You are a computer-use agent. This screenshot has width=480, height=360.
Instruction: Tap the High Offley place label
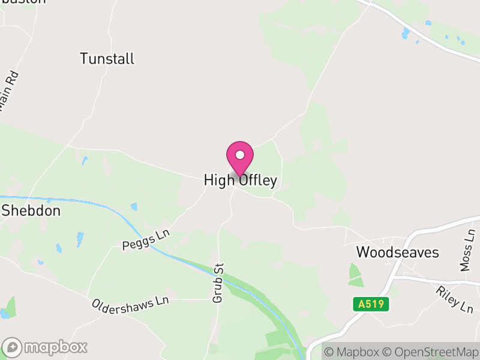click(240, 181)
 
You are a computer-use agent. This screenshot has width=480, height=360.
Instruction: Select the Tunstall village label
click(107, 59)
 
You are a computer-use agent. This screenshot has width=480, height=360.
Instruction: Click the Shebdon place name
click(31, 211)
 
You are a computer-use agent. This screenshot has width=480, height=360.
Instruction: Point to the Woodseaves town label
click(398, 252)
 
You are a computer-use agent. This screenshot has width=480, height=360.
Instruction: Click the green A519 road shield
click(371, 304)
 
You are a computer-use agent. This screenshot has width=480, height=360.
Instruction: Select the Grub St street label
click(219, 283)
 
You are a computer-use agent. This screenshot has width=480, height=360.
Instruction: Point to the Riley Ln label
click(455, 298)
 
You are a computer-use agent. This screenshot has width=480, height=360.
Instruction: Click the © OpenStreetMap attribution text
click(430, 352)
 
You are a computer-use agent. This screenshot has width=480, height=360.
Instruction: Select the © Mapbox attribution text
click(351, 352)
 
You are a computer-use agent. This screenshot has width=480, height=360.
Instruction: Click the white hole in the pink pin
click(240, 155)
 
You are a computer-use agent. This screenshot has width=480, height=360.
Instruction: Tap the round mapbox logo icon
click(13, 347)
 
